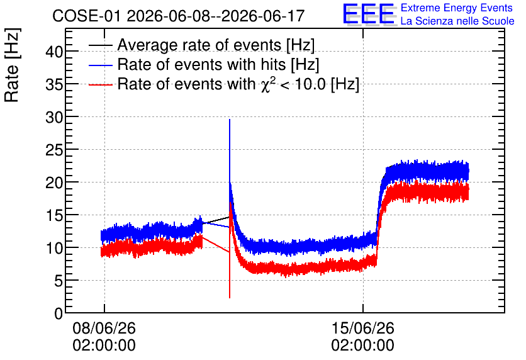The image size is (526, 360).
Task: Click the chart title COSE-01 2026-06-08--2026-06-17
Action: pyautogui.click(x=179, y=16)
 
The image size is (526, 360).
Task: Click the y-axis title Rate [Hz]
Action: pyautogui.click(x=12, y=65)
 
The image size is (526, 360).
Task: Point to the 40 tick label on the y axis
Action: pyautogui.click(x=54, y=52)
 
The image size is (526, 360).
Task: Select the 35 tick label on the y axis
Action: pyautogui.click(x=54, y=84)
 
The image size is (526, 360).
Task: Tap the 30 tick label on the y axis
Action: pyautogui.click(x=54, y=117)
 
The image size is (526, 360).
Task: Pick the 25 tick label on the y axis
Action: pyautogui.click(x=54, y=150)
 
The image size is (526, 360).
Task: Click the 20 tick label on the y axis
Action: pyautogui.click(x=54, y=183)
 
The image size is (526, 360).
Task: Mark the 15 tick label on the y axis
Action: pyautogui.click(x=54, y=215)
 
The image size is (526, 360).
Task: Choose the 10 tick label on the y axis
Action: pyautogui.click(x=54, y=248)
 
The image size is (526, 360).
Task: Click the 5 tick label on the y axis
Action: pyautogui.click(x=59, y=281)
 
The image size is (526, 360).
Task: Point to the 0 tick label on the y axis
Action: pyautogui.click(x=59, y=313)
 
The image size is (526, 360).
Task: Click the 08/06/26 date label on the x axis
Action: pyautogui.click(x=104, y=328)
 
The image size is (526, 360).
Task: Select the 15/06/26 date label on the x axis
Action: pyautogui.click(x=362, y=328)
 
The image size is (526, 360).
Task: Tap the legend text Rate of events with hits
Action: pyautogui.click(x=201, y=64)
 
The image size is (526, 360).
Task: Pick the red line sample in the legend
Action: pyautogui.click(x=100, y=85)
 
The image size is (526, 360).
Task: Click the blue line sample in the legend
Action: pyautogui.click(x=100, y=65)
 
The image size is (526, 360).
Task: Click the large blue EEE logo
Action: pyautogui.click(x=368, y=14)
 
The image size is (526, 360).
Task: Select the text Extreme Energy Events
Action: pyautogui.click(x=457, y=8)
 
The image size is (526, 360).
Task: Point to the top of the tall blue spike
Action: pyautogui.click(x=230, y=119)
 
